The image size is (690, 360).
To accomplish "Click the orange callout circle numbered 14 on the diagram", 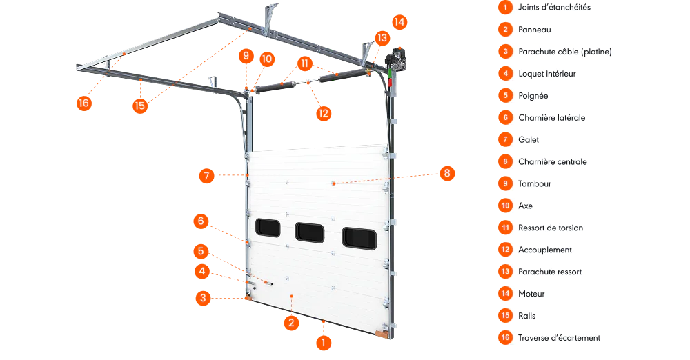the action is pos(399,22).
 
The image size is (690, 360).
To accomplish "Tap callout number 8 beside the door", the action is pos(447,173).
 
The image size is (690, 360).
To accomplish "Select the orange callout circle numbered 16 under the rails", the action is pos(83,103).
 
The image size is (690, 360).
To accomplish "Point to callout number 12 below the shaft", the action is pos(324,114).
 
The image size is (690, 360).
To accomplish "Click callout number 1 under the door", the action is pos(324,343).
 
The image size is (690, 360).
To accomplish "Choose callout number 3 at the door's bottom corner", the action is pos(203,299).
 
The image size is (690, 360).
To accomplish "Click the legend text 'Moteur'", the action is pos(531,294).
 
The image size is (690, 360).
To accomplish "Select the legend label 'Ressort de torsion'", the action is pos(551,228).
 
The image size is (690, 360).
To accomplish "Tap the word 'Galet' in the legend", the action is pos(529,139).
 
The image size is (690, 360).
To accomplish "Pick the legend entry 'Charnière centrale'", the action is pos(553,161).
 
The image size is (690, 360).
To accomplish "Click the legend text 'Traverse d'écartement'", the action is pos(560,337).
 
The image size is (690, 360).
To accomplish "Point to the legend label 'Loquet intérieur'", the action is pos(547,74).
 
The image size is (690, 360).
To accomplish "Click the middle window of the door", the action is pos(310,232).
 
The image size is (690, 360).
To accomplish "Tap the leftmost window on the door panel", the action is pos(268,228).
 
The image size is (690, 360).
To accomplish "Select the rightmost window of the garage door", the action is pos(359,238).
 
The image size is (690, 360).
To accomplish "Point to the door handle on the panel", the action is pos(268,283).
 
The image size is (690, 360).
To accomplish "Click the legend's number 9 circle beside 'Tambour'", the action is pos(505,183).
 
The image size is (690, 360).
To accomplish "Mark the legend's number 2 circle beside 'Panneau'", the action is pos(505,30).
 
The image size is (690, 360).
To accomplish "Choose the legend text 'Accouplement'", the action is pos(545,250).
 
